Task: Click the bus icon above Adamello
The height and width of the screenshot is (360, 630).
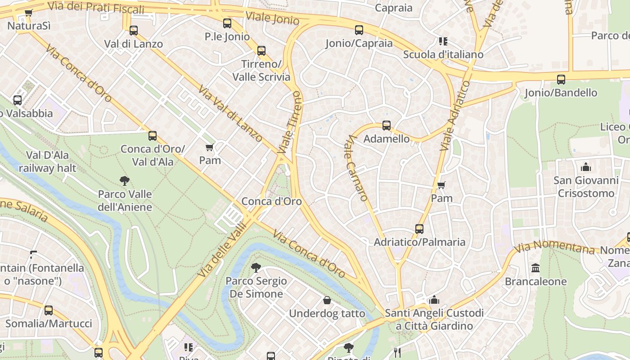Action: pyautogui.click(x=386, y=126)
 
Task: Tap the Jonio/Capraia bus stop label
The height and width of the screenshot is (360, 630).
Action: pyautogui.click(x=359, y=43)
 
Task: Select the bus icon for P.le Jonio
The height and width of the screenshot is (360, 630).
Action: pyautogui.click(x=227, y=23)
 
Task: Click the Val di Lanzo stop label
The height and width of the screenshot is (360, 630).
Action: pyautogui.click(x=133, y=44)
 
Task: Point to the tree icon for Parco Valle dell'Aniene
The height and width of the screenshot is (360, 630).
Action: pyautogui.click(x=125, y=181)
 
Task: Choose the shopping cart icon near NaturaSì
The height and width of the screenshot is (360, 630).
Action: pyautogui.click(x=29, y=13)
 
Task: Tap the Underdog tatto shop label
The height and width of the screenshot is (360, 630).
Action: pyautogui.click(x=327, y=313)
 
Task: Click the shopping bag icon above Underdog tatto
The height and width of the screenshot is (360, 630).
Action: pyautogui.click(x=327, y=300)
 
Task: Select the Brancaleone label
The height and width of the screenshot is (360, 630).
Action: pyautogui.click(x=535, y=282)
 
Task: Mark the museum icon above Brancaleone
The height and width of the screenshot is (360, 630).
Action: pyautogui.click(x=535, y=268)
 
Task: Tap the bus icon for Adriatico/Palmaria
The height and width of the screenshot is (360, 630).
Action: pyautogui.click(x=419, y=229)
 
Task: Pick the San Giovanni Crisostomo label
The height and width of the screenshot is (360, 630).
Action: pyautogui.click(x=586, y=187)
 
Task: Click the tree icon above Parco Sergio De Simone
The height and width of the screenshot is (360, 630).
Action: pyautogui.click(x=256, y=268)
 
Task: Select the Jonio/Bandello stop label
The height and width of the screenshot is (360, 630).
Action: pyautogui.click(x=561, y=93)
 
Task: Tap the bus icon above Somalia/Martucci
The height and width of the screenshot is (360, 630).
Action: pyautogui.click(x=49, y=310)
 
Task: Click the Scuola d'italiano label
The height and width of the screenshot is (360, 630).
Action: pyautogui.click(x=443, y=54)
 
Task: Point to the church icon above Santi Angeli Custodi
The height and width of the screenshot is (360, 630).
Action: pyautogui.click(x=434, y=300)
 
